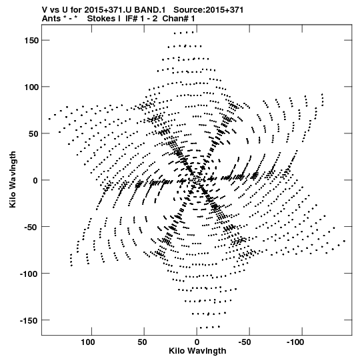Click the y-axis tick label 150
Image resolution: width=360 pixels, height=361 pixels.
[31, 40]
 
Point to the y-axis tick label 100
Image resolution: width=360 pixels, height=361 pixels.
[31, 87]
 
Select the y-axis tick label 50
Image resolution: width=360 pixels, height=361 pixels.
[33, 133]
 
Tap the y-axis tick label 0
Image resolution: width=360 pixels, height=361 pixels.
[35, 180]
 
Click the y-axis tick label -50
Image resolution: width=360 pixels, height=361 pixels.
[31, 227]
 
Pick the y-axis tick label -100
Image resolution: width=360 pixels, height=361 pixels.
[29, 274]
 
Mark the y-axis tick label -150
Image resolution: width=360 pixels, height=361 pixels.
[29, 320]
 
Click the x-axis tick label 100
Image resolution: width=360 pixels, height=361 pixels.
[87, 342]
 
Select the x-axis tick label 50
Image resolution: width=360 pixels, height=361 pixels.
[142, 342]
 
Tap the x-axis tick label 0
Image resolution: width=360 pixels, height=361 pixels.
[197, 342]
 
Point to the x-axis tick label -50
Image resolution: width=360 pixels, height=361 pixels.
[245, 342]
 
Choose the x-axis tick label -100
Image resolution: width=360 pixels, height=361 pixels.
[295, 342]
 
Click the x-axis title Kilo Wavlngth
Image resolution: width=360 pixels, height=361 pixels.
[197, 351]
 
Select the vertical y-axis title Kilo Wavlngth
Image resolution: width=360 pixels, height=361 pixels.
[13, 179]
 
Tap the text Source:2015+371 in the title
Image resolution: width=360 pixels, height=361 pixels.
[208, 10]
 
